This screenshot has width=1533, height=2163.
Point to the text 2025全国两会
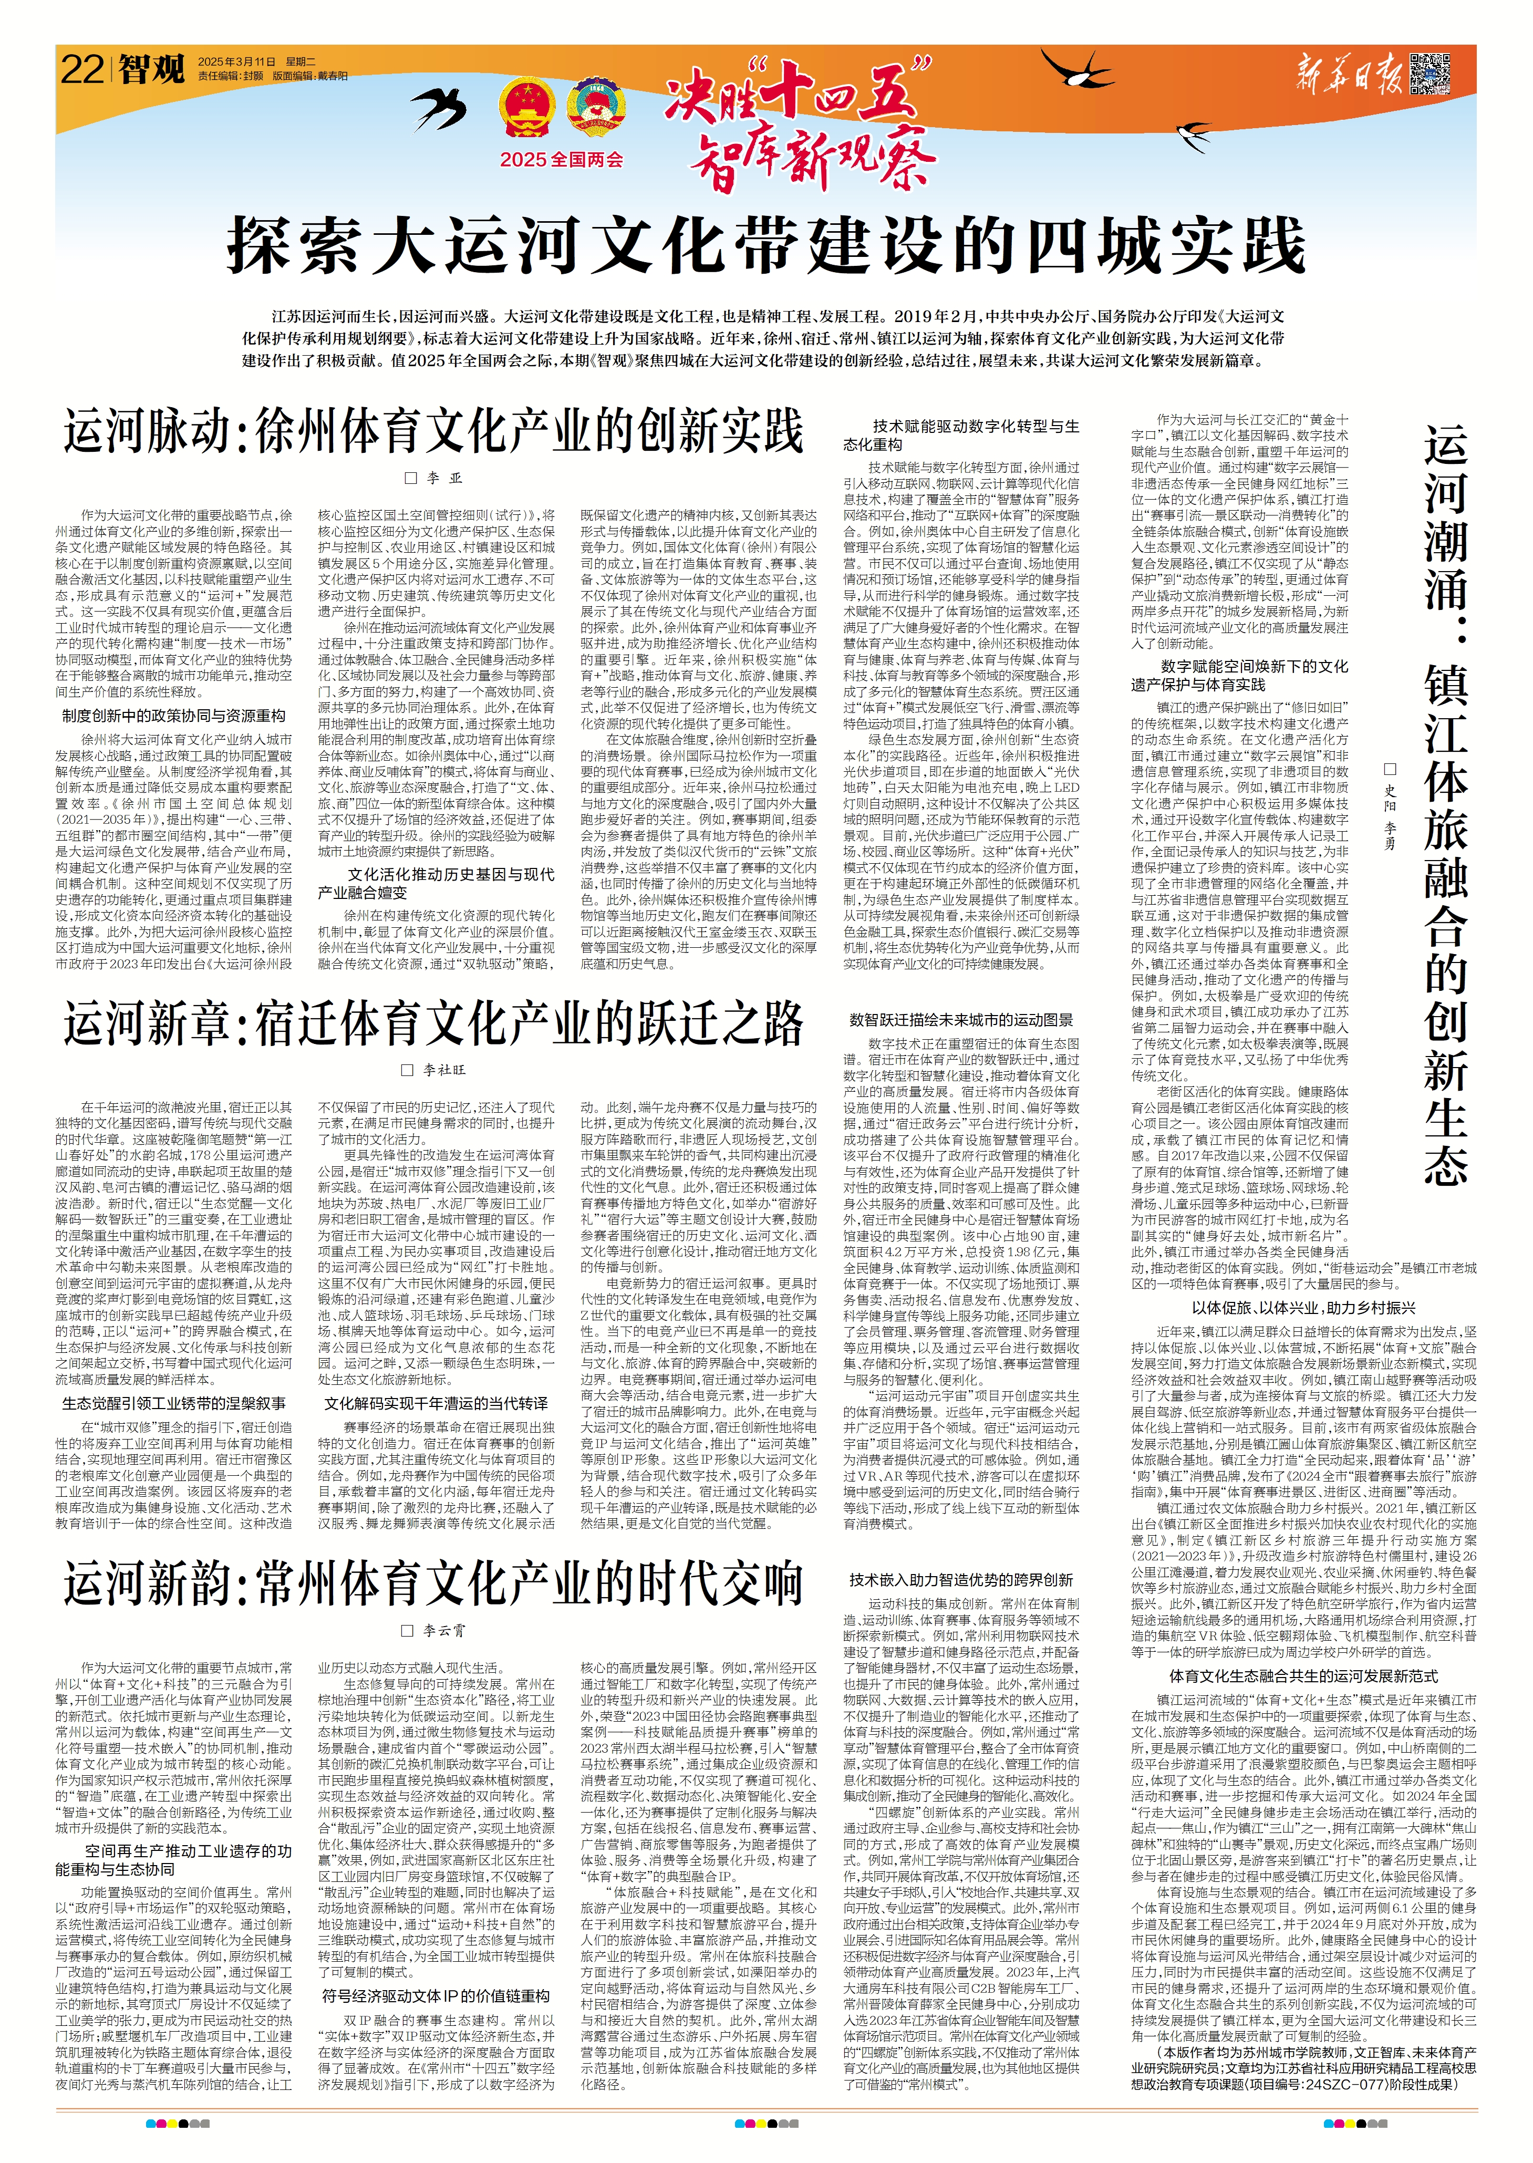click(x=562, y=160)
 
